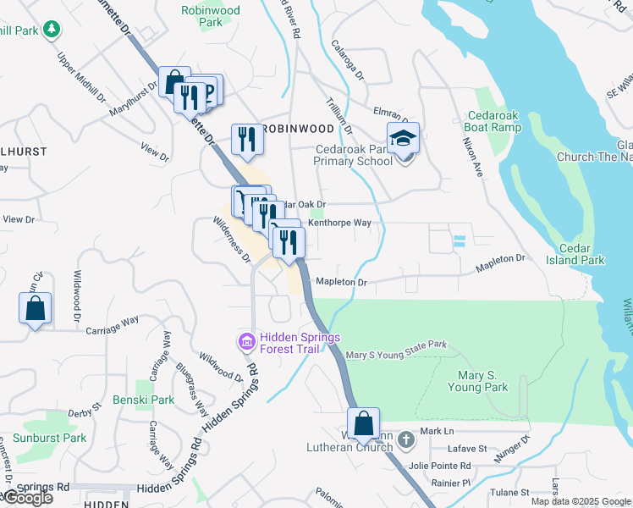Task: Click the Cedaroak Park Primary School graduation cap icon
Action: pyautogui.click(x=404, y=138)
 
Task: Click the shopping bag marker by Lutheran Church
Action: pyautogui.click(x=363, y=424)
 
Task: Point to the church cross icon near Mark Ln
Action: pyautogui.click(x=407, y=439)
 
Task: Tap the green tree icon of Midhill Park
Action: pyautogui.click(x=52, y=30)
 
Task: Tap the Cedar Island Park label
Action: pyautogui.click(x=581, y=254)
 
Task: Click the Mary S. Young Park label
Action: pyautogui.click(x=478, y=381)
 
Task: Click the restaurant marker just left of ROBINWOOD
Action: pyautogui.click(x=247, y=139)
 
